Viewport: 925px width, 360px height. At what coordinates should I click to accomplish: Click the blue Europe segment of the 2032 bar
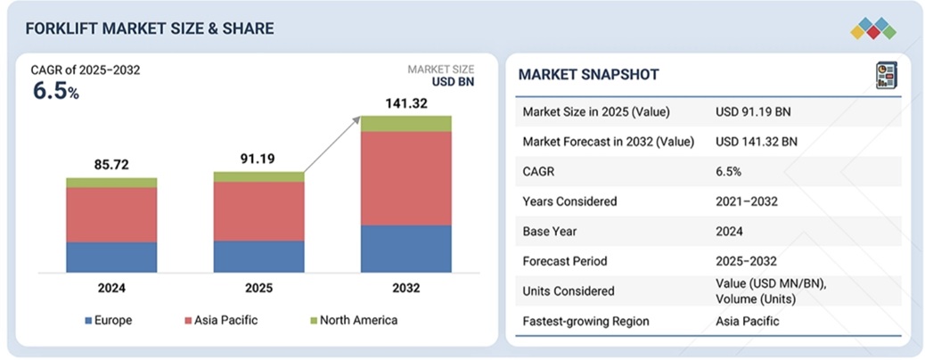405,249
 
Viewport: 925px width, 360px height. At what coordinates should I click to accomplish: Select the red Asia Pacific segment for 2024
111,215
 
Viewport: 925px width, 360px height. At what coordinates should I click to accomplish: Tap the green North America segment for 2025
258,176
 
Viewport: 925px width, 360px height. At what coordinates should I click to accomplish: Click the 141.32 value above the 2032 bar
405,103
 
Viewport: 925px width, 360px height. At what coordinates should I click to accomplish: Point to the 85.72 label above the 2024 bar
111,165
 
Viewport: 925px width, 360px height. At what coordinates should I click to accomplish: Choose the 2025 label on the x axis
258,289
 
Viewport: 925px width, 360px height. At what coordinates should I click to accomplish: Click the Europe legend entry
111,320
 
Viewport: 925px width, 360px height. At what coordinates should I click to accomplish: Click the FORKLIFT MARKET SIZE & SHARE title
150,29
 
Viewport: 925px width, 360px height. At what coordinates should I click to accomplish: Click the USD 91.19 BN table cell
753,112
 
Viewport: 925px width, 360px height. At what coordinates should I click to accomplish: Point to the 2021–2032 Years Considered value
747,201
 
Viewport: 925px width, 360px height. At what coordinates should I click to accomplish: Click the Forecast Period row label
565,261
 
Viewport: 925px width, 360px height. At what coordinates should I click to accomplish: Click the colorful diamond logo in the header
872,29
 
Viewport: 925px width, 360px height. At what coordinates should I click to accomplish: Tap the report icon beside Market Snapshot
885,75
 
